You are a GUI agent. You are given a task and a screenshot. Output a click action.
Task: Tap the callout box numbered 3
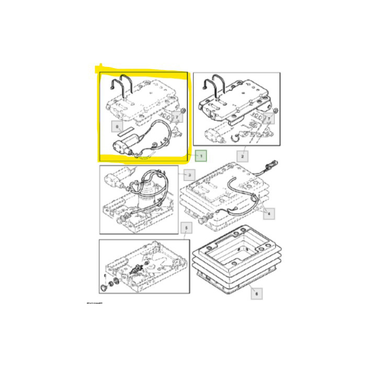(x=191, y=174)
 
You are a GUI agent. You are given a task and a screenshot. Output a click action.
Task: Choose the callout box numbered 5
(x=184, y=227)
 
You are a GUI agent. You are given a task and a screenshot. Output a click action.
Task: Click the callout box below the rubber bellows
(x=256, y=294)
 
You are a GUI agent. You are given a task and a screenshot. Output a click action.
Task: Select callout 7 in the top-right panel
(x=268, y=119)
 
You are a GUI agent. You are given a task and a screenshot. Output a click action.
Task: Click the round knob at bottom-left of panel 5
(x=102, y=288)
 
